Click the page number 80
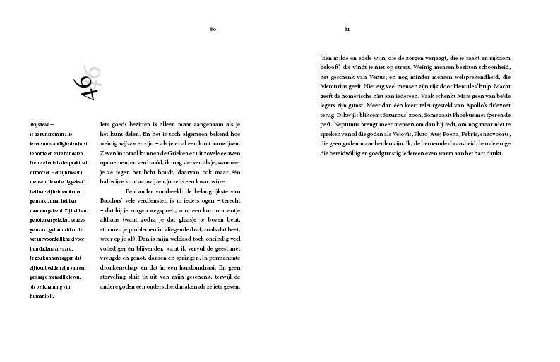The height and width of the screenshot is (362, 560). pyautogui.click(x=212, y=29)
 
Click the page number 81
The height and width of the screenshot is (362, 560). pyautogui.click(x=347, y=29)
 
